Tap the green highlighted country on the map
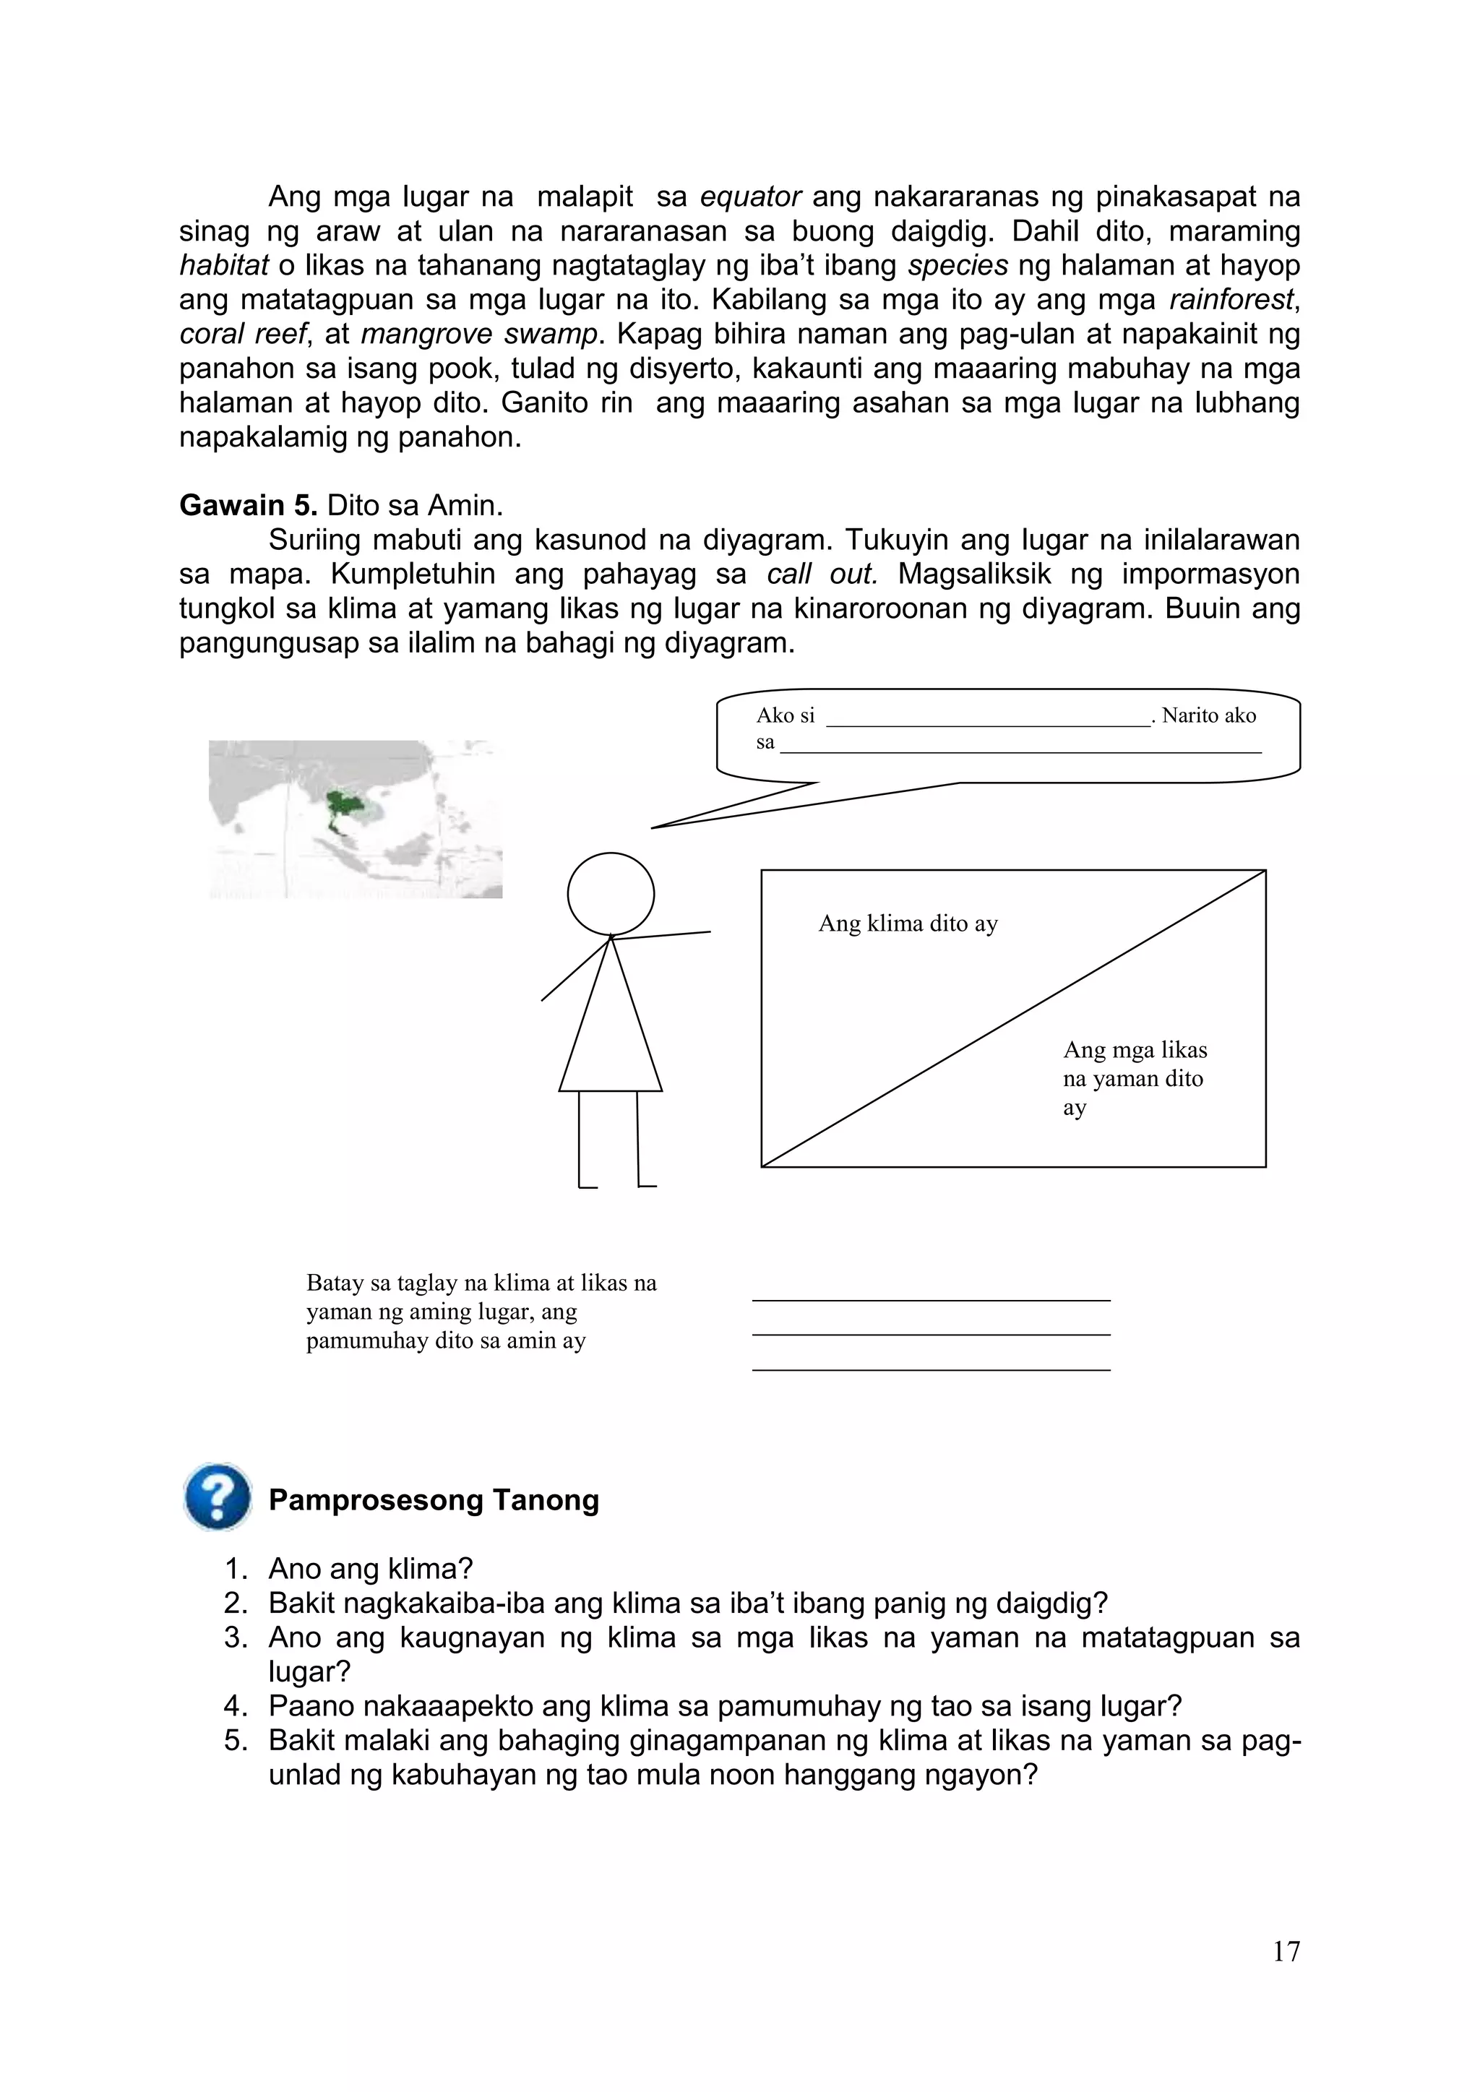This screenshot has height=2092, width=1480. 343,806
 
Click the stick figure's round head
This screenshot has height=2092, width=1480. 611,894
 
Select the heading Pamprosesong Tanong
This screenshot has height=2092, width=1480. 434,1499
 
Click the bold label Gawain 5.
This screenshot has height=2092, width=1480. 248,505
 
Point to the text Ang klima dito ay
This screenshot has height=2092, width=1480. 908,924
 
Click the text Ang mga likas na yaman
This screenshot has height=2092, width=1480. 1134,1064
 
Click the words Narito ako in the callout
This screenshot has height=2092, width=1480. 1208,715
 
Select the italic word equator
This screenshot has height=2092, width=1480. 750,196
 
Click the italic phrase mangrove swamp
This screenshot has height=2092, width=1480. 479,335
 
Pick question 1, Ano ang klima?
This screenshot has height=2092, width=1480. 370,1569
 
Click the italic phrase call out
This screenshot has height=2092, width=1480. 822,575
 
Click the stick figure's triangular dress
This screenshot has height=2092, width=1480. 611,1030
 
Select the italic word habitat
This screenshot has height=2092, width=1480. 223,265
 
